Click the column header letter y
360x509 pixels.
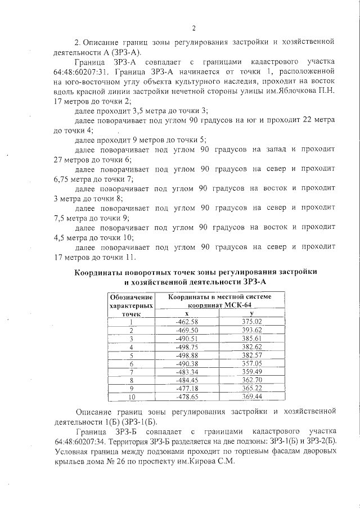pos(251,313)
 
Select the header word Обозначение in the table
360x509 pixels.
pos(131,296)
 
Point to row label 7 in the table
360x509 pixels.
pos(131,373)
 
